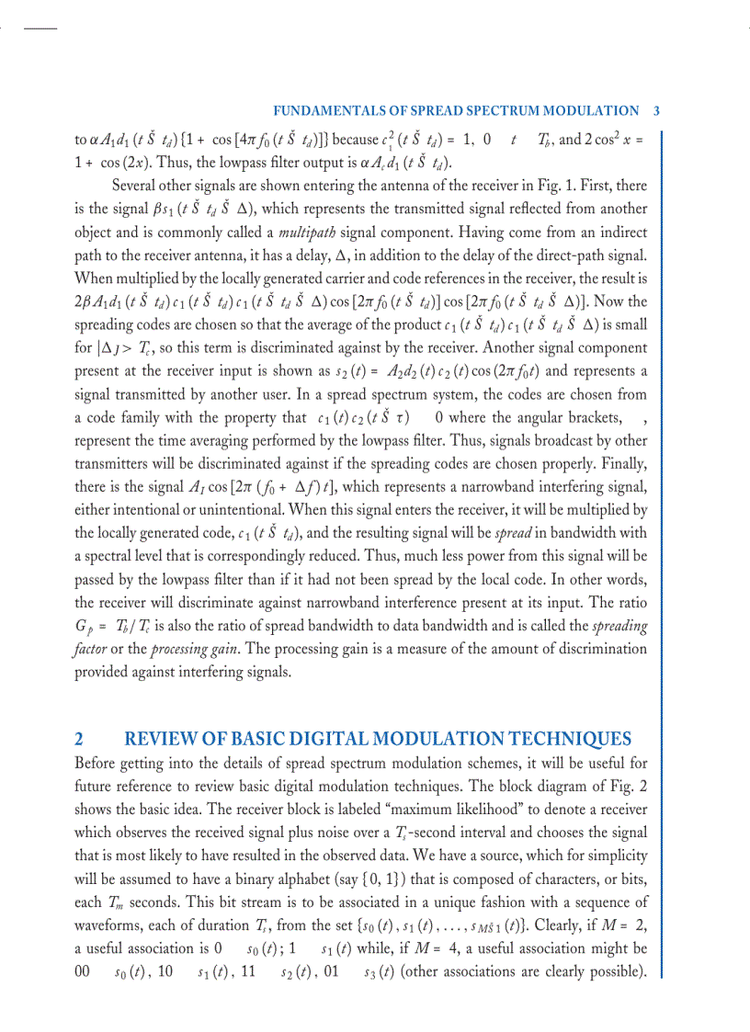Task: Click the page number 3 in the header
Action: pos(656,110)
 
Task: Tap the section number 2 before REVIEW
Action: pos(79,739)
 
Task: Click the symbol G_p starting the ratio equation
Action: pos(86,627)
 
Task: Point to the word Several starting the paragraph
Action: pos(136,186)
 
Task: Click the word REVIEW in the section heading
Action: pos(165,739)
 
